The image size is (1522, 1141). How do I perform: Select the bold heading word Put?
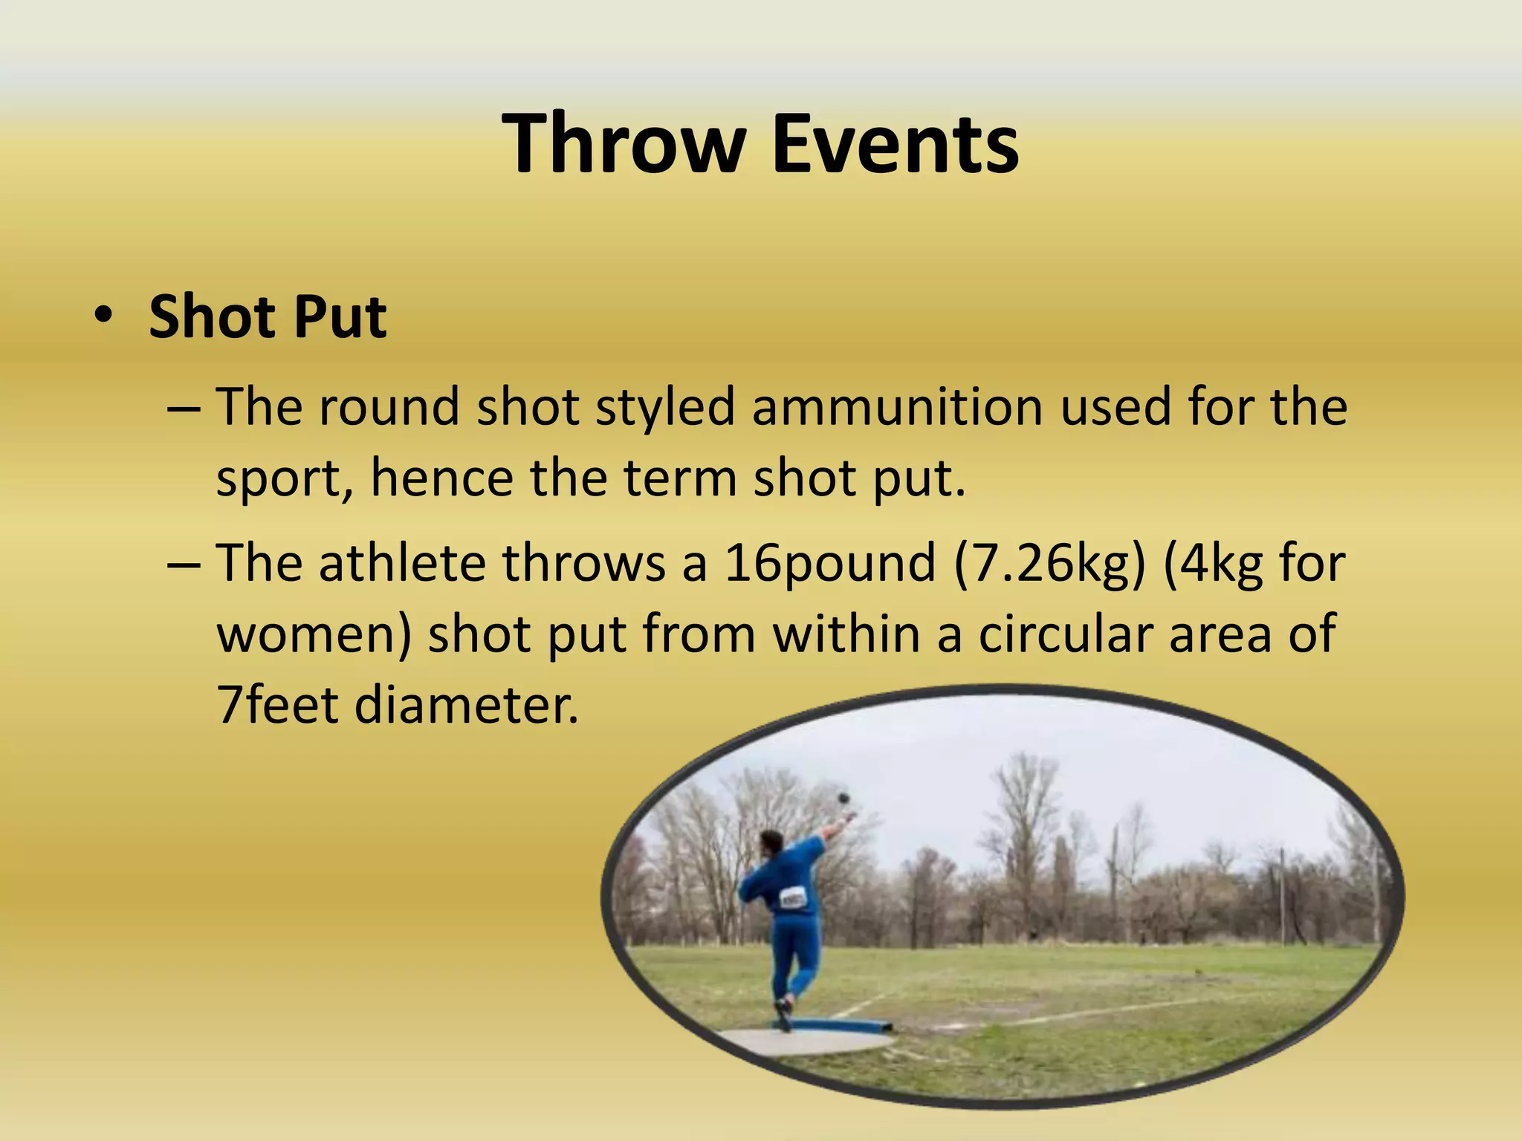[340, 318]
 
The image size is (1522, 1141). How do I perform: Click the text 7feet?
[278, 703]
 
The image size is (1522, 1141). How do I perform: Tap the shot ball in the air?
[843, 797]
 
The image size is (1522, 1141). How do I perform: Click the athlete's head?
[771, 842]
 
